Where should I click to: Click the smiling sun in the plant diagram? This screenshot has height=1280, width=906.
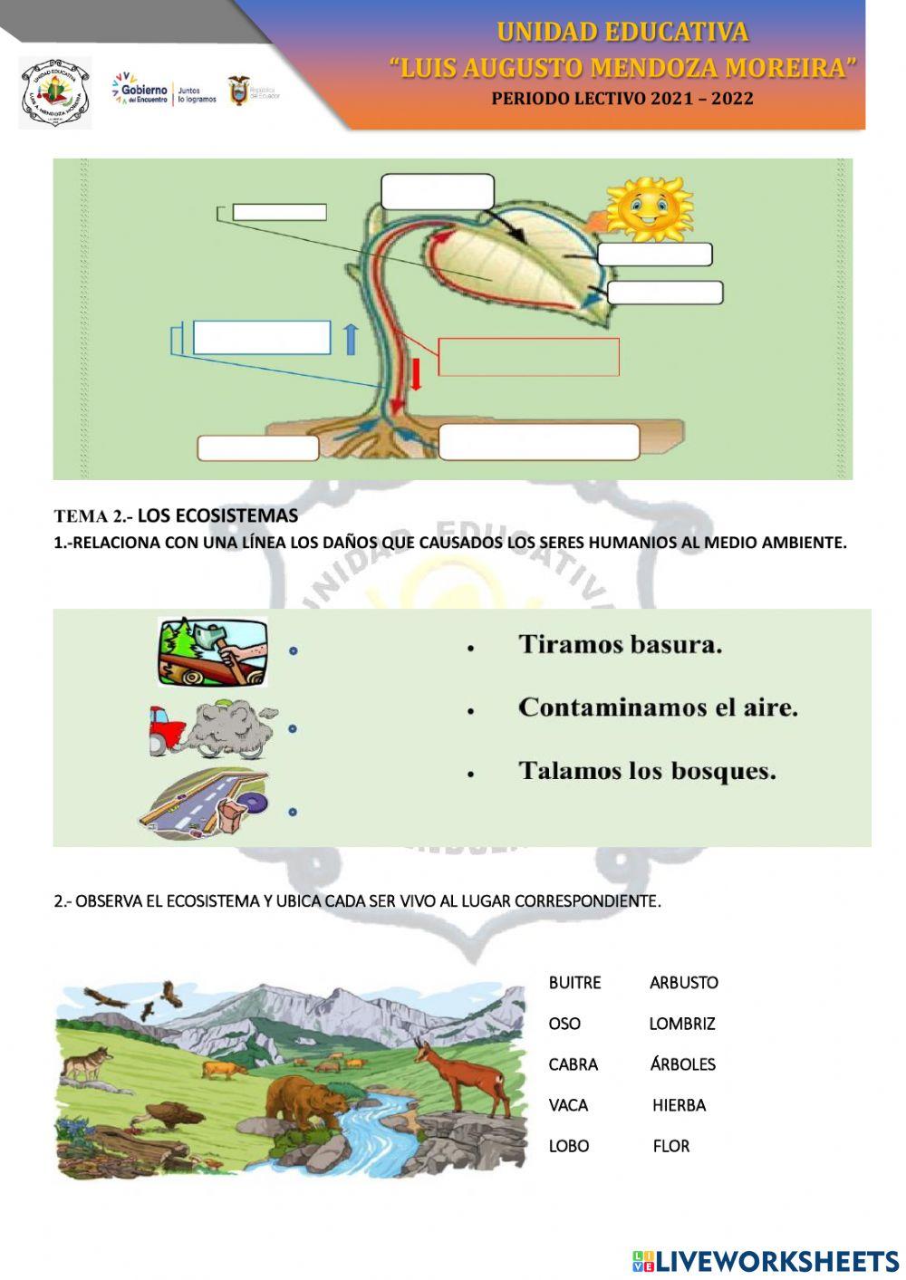pyautogui.click(x=648, y=208)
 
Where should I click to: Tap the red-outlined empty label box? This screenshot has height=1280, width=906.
pyautogui.click(x=528, y=357)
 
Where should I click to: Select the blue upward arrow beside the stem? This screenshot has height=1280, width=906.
pyautogui.click(x=351, y=339)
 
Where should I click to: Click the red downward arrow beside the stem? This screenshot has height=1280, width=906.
pyautogui.click(x=416, y=374)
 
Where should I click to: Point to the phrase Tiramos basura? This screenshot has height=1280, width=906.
pyautogui.click(x=620, y=645)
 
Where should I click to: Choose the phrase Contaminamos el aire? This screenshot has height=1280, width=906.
pyautogui.click(x=658, y=707)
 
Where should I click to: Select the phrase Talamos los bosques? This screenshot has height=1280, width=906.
pyautogui.click(x=647, y=771)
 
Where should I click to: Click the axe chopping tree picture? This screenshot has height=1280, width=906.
pyautogui.click(x=213, y=651)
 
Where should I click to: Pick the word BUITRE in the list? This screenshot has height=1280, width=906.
pyautogui.click(x=574, y=983)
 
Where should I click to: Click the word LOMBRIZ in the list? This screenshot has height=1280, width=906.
pyautogui.click(x=681, y=1024)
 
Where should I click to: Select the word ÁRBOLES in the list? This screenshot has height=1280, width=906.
pyautogui.click(x=682, y=1064)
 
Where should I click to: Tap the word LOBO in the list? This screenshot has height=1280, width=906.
pyautogui.click(x=568, y=1146)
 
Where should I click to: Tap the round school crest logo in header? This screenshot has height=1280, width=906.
pyautogui.click(x=55, y=93)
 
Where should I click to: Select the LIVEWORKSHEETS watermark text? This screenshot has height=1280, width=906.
pyautogui.click(x=766, y=1261)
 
